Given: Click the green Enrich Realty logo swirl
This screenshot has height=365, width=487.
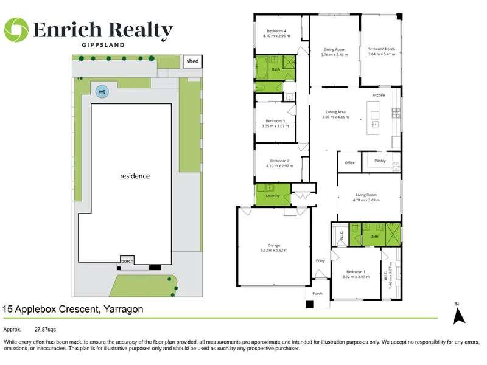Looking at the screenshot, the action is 16,30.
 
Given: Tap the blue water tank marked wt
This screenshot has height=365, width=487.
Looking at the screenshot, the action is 102,92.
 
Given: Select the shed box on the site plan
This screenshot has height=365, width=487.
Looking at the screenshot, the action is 192,61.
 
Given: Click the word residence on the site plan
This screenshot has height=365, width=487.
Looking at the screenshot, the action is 135,176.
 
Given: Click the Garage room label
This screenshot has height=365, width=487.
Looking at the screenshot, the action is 274,245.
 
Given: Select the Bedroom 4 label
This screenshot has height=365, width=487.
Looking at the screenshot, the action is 276,31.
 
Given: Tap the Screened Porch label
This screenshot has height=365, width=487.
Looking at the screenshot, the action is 382,49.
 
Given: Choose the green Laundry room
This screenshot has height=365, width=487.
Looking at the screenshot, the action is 273,195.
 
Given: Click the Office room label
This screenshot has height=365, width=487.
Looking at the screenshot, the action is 349,163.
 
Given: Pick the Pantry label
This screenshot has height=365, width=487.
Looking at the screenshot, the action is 380,161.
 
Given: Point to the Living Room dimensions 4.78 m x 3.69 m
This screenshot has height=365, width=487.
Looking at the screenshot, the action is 366,200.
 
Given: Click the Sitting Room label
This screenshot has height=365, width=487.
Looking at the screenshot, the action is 334,50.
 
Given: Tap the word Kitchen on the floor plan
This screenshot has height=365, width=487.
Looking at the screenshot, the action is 379,96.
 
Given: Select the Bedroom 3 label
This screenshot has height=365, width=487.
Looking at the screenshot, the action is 275,121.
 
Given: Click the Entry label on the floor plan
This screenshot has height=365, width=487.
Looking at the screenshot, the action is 321,261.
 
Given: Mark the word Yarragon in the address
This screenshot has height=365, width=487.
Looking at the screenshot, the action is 124,310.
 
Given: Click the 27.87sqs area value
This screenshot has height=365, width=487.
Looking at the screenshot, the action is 45,330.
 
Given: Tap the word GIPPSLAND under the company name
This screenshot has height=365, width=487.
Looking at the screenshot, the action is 103,44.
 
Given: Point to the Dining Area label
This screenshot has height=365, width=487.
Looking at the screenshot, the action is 335,112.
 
